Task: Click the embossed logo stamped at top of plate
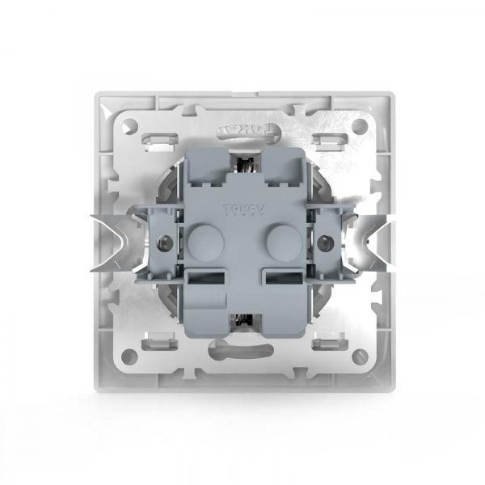(x=242, y=129)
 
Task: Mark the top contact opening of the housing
(x=242, y=166)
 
